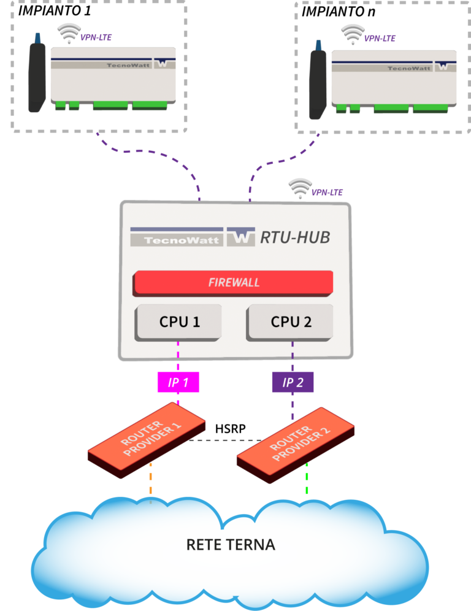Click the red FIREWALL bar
pyautogui.click(x=234, y=282)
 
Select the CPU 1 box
pyautogui.click(x=179, y=321)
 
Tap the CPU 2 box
pyautogui.click(x=291, y=321)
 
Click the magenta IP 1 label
pyautogui.click(x=178, y=382)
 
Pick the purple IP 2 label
pyautogui.click(x=293, y=382)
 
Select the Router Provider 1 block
pyautogui.click(x=146, y=437)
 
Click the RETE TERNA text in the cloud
pyautogui.click(x=231, y=545)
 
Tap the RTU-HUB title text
pyautogui.click(x=295, y=237)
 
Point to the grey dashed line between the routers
pyautogui.click(x=224, y=440)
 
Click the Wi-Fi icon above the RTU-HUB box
pyautogui.click(x=300, y=188)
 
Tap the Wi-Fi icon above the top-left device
pyautogui.click(x=69, y=33)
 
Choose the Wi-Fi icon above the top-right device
pyautogui.click(x=353, y=33)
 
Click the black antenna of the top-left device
pyautogui.click(x=37, y=77)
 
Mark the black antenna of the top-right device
pyautogui.click(x=318, y=83)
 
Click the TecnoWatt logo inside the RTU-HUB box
pyautogui.click(x=176, y=237)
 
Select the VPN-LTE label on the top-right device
pyautogui.click(x=380, y=39)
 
